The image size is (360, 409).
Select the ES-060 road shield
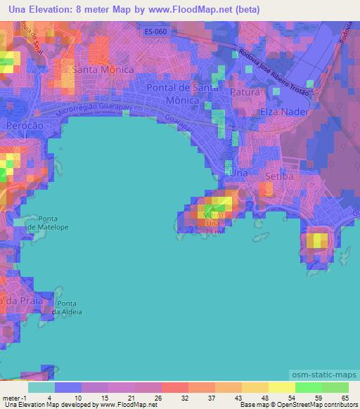[157, 32]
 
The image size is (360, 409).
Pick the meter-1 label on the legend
[13, 398]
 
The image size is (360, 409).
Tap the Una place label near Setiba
[239, 172]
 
